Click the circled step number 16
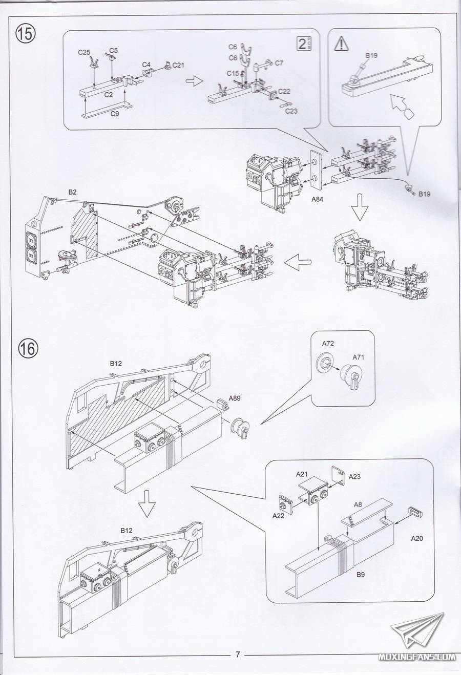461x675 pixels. coord(28,349)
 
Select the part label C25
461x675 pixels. coord(85,52)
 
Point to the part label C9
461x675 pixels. coord(115,114)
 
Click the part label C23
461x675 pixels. coord(291,111)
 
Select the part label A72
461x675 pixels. coord(328,343)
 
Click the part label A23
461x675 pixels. coord(354,476)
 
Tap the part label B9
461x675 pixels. coord(360,575)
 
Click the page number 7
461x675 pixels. coord(238,653)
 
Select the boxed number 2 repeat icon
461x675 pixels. coord(304,44)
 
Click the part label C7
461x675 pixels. coord(279,63)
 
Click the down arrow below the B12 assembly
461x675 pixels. coord(148,503)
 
